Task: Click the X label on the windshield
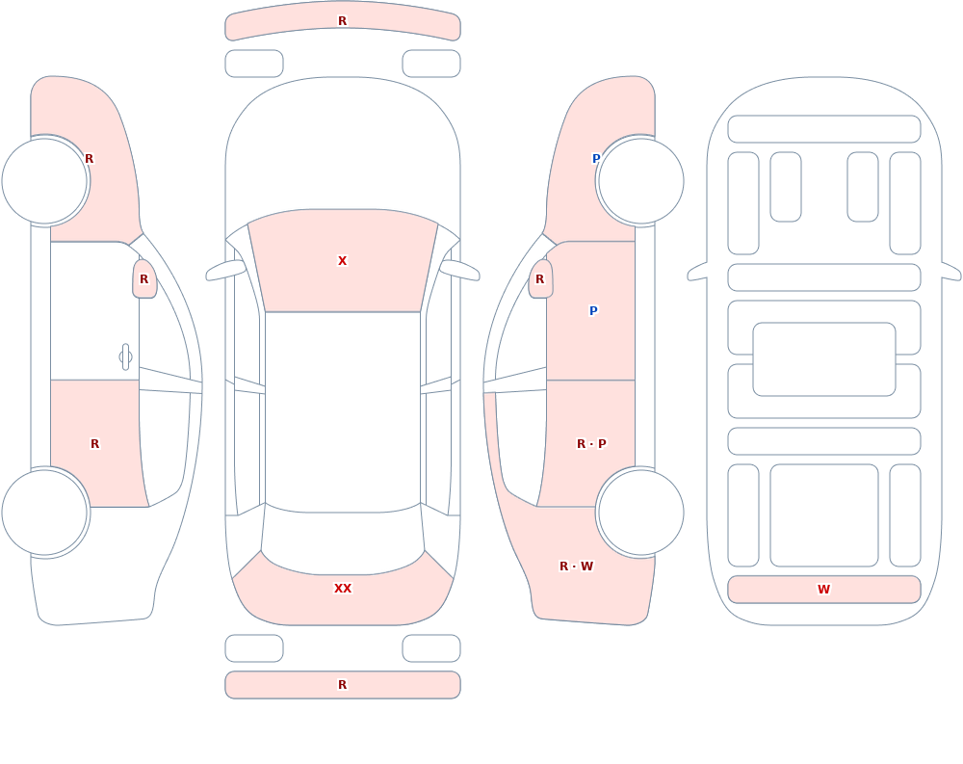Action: click(342, 261)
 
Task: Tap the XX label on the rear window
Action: click(343, 589)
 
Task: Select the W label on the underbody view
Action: click(823, 589)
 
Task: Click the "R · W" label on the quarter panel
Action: click(576, 566)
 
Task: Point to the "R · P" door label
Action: click(591, 444)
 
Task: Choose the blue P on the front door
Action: click(593, 311)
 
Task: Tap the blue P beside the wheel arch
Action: click(596, 159)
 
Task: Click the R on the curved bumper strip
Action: click(343, 21)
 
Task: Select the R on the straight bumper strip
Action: click(343, 685)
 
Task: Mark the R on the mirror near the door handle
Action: click(143, 279)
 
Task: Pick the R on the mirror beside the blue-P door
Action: click(540, 279)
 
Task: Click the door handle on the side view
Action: click(125, 357)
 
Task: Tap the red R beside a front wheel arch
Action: click(89, 159)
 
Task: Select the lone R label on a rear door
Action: click(94, 444)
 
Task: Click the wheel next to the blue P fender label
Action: click(640, 181)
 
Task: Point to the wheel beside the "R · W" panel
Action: click(640, 513)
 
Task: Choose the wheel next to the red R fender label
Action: click(45, 181)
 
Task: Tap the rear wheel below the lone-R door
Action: click(45, 513)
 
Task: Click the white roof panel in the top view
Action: click(343, 411)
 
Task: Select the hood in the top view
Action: click(343, 147)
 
